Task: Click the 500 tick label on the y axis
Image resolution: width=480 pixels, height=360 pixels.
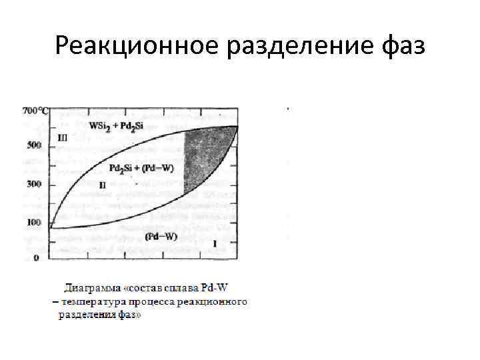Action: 34,146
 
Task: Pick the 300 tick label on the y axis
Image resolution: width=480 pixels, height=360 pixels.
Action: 34,184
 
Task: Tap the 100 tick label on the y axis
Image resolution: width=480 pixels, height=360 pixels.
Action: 34,223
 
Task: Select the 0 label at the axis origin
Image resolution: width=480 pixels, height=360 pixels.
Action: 36,258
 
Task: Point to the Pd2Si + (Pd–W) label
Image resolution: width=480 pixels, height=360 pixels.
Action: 141,168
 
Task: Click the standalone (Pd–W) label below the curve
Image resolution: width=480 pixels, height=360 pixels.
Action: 161,236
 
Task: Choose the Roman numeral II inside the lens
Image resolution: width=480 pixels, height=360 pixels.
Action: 102,183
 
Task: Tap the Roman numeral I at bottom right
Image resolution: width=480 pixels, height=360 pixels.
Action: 215,244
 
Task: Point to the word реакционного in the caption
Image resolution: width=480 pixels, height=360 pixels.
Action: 217,301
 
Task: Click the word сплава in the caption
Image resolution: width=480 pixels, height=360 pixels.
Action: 184,289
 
